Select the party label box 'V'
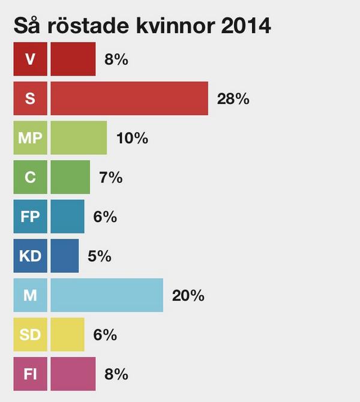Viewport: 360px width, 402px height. click(x=30, y=59)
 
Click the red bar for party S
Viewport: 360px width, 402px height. click(x=129, y=98)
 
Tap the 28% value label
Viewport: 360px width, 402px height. click(x=233, y=99)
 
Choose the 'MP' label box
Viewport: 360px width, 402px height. click(x=30, y=138)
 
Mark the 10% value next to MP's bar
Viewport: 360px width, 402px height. click(x=132, y=138)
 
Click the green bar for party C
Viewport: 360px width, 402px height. click(x=70, y=177)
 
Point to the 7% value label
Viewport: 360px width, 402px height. click(x=110, y=178)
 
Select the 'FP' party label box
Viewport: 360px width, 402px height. click(x=30, y=217)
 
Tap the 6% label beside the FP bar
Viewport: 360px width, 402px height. click(x=105, y=217)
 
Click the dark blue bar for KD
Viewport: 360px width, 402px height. click(x=64, y=256)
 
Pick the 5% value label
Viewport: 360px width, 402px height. click(x=99, y=256)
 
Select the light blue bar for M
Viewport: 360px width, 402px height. click(x=107, y=295)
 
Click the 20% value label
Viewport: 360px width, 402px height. click(x=188, y=296)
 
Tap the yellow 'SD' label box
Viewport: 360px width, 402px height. click(x=30, y=335)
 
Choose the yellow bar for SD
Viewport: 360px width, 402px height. click(x=67, y=335)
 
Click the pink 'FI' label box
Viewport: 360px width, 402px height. click(x=30, y=374)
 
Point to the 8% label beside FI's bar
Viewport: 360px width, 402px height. click(x=116, y=374)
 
